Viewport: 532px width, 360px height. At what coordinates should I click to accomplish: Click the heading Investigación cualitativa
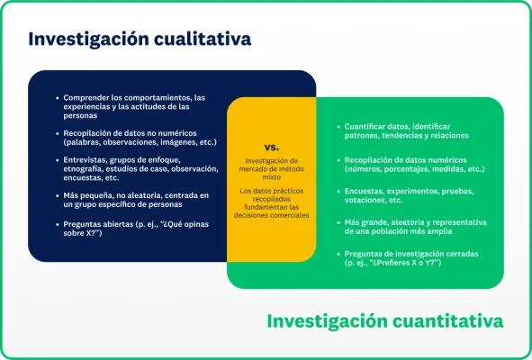(140, 40)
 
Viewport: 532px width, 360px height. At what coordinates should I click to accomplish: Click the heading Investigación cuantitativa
(384, 320)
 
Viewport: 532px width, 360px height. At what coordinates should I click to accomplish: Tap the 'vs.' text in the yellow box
(271, 146)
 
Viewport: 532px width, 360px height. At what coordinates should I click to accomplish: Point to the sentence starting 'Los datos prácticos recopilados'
(271, 202)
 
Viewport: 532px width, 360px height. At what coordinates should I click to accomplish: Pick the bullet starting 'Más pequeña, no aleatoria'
(135, 199)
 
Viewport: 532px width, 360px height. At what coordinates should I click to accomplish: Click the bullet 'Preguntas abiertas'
(117, 229)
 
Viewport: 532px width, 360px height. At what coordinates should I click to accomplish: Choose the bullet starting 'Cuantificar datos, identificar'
(405, 131)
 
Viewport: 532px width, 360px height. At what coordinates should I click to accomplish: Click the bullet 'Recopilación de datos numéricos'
(413, 164)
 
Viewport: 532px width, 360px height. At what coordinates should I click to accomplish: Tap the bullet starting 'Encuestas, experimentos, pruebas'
(410, 195)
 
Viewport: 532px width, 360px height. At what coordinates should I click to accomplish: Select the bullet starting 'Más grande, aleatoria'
(414, 226)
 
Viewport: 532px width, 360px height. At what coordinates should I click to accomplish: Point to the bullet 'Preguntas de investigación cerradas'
(410, 258)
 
